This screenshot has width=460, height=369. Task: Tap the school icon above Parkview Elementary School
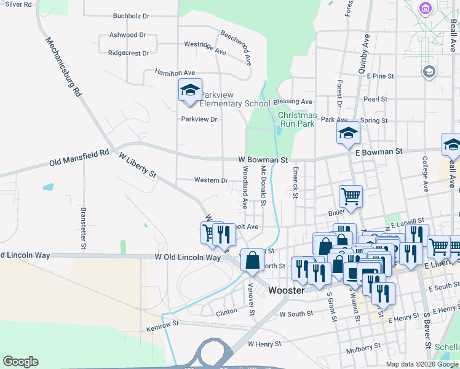[x=190, y=91]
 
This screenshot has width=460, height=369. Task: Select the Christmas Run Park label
[x=298, y=119]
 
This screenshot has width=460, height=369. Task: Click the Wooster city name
[x=287, y=290]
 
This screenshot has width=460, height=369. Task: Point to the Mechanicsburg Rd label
[x=64, y=67]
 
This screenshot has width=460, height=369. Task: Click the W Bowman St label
[x=263, y=160]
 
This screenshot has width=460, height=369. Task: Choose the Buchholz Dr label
[x=132, y=17]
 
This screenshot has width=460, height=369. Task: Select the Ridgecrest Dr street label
[x=129, y=53]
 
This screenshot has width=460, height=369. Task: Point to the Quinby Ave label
[x=363, y=54]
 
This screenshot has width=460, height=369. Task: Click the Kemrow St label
[x=163, y=323]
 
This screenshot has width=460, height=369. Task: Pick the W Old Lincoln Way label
[x=188, y=257]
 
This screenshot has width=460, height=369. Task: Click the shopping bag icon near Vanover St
[x=252, y=260]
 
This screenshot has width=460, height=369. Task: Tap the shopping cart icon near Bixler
[x=351, y=196]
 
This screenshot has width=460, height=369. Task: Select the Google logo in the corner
[x=20, y=362]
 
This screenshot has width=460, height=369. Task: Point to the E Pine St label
[x=379, y=76]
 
